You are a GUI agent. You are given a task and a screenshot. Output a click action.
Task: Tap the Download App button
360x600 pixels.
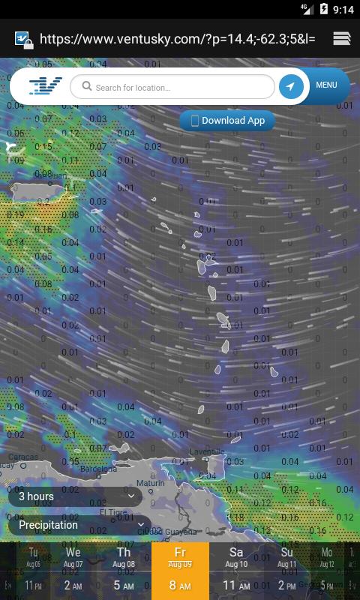[227, 121]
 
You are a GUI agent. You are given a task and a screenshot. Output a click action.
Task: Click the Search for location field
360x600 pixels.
[172, 87]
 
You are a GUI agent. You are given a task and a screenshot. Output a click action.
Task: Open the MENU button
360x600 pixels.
[326, 85]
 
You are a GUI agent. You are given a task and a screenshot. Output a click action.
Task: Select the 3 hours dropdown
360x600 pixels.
[75, 496]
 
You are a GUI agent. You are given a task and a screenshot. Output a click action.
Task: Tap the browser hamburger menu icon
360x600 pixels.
[342, 38]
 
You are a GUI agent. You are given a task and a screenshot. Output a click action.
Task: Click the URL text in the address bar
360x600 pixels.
[177, 38]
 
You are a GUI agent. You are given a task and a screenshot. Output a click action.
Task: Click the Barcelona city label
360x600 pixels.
[98, 469]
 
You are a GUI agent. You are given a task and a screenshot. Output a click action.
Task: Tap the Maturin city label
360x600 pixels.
[150, 484]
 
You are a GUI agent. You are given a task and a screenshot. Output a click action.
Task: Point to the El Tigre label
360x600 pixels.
[114, 512]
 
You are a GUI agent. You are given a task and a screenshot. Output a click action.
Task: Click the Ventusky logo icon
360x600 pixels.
[45, 86]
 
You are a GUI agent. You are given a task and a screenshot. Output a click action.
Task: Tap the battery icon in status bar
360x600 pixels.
[324, 9]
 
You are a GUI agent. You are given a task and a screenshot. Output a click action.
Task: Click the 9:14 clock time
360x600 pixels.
[343, 10]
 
